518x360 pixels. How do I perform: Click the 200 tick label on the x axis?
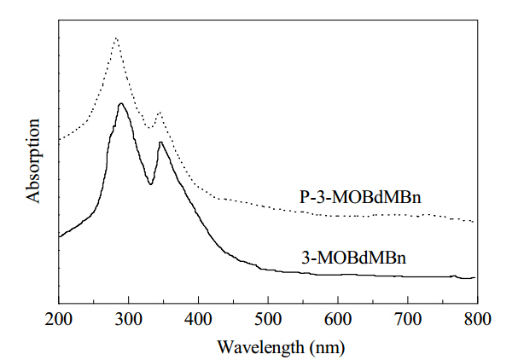coord(59,319)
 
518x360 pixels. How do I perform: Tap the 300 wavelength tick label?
coord(129,319)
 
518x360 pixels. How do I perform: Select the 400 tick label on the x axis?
coord(198,319)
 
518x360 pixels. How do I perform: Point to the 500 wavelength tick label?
coord(268,319)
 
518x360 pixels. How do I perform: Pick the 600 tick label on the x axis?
coord(338,319)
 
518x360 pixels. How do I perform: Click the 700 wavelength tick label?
coord(408,319)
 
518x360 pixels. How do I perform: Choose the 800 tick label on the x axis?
coord(478,319)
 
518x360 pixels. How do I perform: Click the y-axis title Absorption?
coord(33,161)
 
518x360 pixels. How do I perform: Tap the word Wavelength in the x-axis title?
coord(260,347)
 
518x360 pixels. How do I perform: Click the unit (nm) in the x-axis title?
coord(328,348)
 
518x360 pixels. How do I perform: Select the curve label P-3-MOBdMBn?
coord(360,198)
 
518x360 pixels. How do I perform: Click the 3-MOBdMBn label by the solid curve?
coord(354,258)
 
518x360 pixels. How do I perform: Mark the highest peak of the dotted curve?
coord(115,38)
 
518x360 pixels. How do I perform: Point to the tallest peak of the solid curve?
coord(121,104)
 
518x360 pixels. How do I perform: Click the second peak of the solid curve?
coord(160,142)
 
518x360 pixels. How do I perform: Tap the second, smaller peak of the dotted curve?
coord(160,113)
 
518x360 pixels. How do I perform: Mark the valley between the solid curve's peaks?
coord(151,184)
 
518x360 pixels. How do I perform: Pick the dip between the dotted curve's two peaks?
coord(149,128)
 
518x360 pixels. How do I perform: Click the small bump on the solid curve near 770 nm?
coord(455,276)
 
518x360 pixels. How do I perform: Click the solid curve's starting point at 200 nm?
coord(60,237)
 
